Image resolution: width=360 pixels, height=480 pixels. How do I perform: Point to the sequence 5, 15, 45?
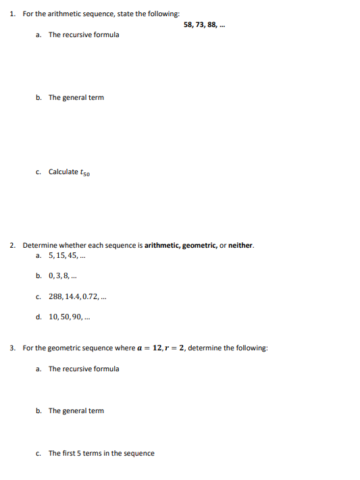pyautogui.click(x=67, y=256)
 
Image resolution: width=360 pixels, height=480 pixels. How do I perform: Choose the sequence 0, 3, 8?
pyautogui.click(x=63, y=275)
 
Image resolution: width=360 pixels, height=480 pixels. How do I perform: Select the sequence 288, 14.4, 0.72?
pyautogui.click(x=77, y=296)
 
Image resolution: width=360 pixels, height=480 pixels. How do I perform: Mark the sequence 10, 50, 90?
pyautogui.click(x=70, y=316)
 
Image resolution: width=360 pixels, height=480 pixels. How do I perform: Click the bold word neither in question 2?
pyautogui.click(x=240, y=245)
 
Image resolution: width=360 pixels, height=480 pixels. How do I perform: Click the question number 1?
pyautogui.click(x=14, y=14)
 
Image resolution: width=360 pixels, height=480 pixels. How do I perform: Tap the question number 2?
pyautogui.click(x=14, y=245)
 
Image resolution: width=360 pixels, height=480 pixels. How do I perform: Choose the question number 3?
pyautogui.click(x=14, y=348)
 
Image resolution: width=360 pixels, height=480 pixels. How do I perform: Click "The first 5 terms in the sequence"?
pyautogui.click(x=101, y=453)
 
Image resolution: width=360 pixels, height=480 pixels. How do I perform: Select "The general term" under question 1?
pyautogui.click(x=76, y=98)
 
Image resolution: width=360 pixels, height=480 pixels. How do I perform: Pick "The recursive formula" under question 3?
pyautogui.click(x=84, y=369)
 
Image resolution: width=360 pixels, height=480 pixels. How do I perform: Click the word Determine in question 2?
pyautogui.click(x=40, y=245)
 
